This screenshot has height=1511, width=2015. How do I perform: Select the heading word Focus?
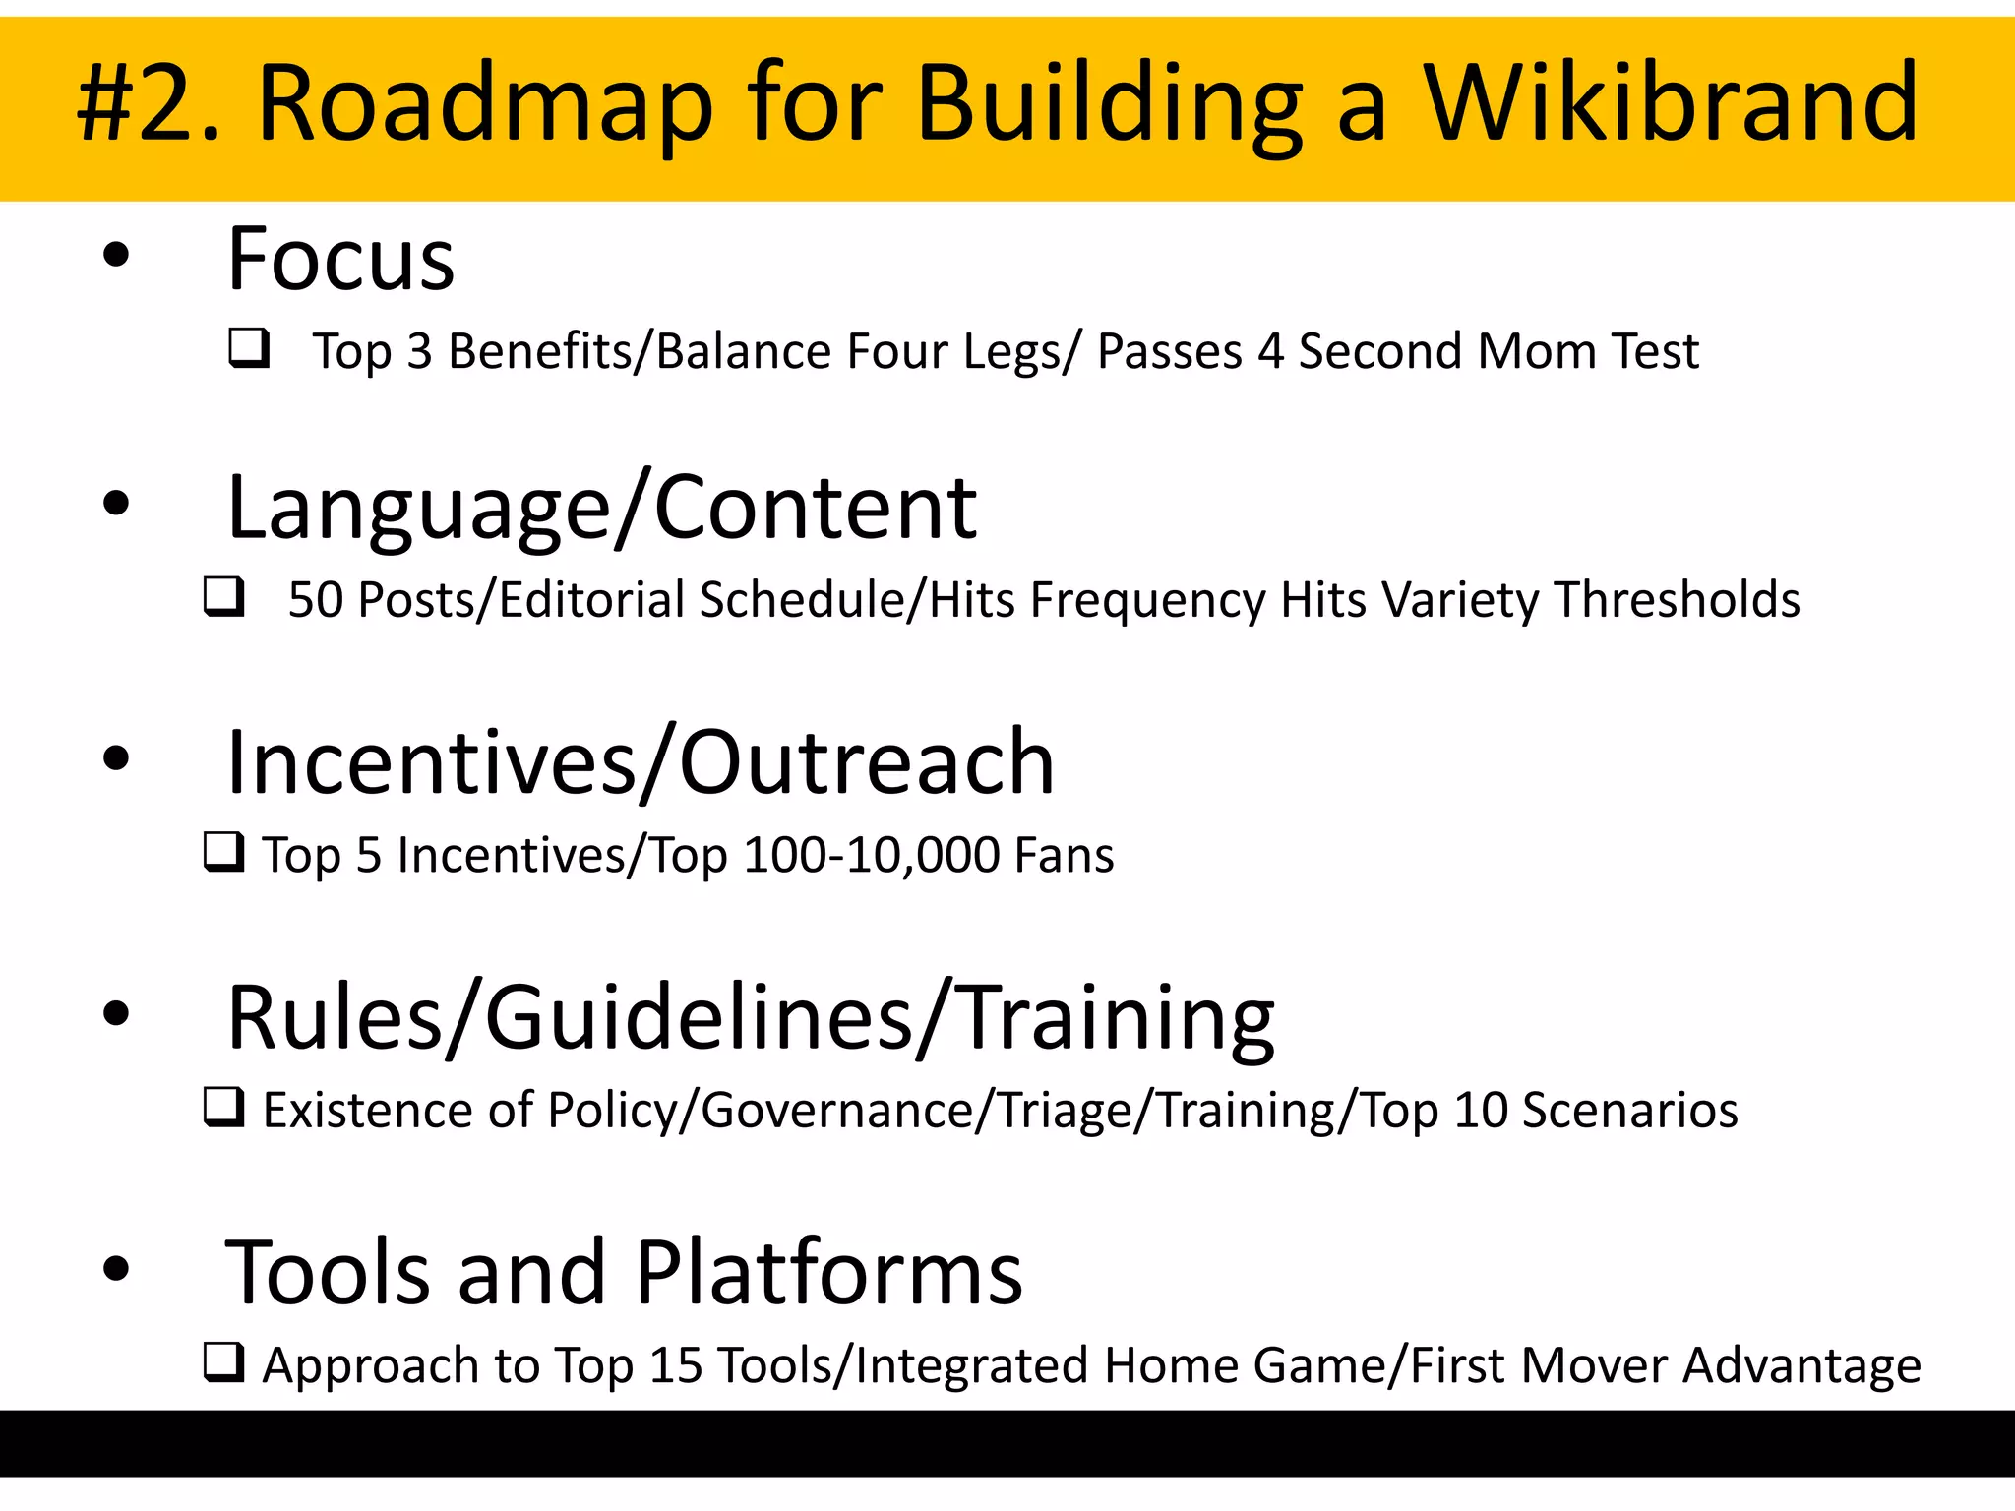[x=340, y=260]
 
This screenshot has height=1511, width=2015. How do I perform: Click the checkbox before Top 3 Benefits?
[x=249, y=348]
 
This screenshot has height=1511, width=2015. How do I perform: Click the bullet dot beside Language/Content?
[x=116, y=504]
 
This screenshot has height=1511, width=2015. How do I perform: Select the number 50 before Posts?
[x=315, y=600]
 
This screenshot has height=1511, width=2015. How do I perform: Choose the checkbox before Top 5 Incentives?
[x=223, y=852]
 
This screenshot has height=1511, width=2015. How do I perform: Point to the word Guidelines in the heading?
[x=699, y=1018]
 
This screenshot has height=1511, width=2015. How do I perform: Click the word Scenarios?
[x=1629, y=1111]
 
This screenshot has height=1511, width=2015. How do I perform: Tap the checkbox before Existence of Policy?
[x=223, y=1107]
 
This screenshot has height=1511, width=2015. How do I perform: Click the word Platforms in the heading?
[x=828, y=1273]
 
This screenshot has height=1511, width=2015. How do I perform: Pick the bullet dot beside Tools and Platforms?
[x=116, y=1269]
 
